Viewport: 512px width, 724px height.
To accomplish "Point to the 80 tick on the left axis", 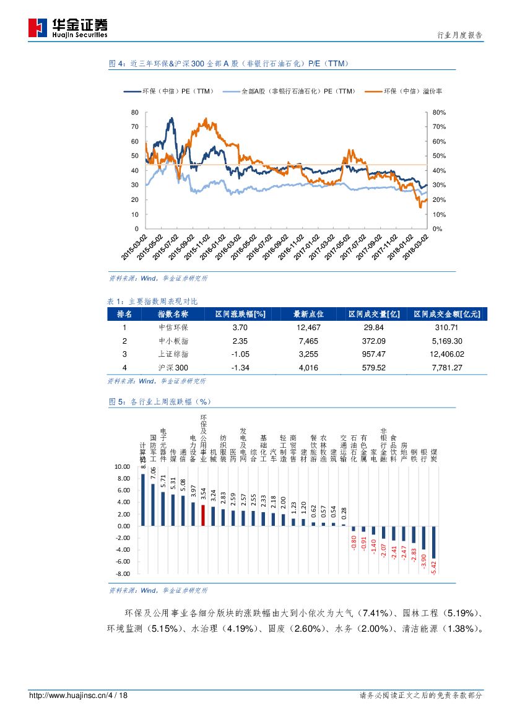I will click(x=135, y=113).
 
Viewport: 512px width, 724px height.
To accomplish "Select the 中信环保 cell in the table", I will click(x=173, y=328).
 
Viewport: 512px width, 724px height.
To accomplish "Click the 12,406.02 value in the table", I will click(x=446, y=354).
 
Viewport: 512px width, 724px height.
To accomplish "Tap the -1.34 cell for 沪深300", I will click(x=240, y=367).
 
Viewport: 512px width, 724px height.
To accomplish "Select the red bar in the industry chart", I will click(x=203, y=515).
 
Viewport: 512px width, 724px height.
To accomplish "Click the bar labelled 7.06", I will click(x=153, y=505).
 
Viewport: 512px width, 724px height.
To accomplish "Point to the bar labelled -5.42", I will click(x=433, y=542).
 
